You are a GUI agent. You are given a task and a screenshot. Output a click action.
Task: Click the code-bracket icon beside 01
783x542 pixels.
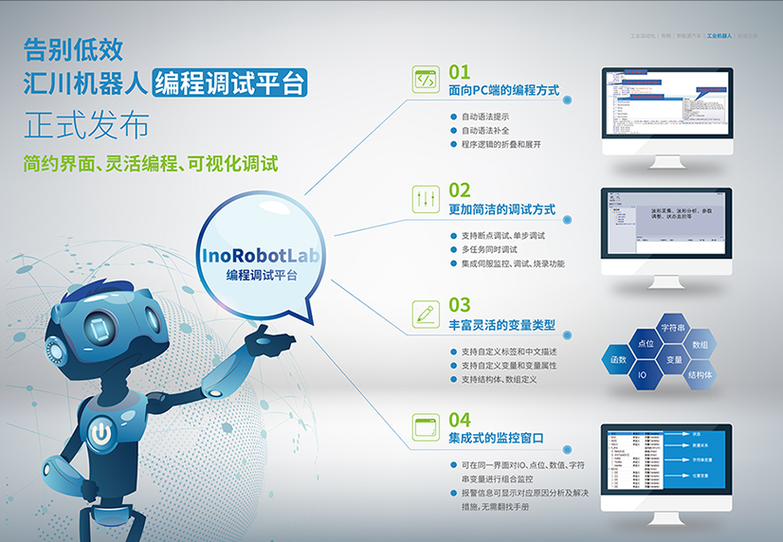[426, 80]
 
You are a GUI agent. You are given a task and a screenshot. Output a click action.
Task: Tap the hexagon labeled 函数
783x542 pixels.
[618, 360]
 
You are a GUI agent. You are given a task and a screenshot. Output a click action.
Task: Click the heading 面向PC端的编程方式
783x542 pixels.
[503, 91]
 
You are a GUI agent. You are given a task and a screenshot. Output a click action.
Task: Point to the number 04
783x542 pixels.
[460, 419]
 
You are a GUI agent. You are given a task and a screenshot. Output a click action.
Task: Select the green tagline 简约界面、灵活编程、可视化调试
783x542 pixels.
[151, 164]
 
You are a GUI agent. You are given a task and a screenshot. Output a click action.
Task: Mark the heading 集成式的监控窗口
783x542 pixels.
[497, 439]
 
